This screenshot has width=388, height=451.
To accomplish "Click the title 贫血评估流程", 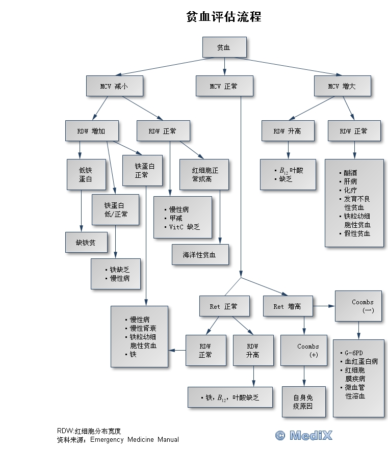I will [224, 17].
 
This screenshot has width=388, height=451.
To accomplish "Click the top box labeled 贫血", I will [224, 47].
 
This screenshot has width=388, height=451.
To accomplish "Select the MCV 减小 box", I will [114, 86].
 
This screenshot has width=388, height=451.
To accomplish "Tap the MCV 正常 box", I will [224, 86].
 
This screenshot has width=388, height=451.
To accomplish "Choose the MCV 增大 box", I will [342, 86].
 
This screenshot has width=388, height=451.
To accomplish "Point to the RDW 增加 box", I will [92, 131].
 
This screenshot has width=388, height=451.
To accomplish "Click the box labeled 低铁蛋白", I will [86, 175].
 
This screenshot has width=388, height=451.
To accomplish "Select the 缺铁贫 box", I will [86, 243].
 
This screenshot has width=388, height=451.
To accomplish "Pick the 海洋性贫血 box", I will [200, 255].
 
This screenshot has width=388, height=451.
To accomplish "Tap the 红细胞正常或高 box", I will [202, 175].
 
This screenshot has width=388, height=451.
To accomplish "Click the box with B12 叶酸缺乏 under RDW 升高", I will [289, 175].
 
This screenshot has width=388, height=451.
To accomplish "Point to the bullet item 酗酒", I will [351, 173].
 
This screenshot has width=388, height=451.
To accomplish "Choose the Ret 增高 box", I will [288, 306].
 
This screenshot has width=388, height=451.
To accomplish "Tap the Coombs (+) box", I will [304, 351].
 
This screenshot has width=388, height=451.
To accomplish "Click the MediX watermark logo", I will [304, 435].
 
